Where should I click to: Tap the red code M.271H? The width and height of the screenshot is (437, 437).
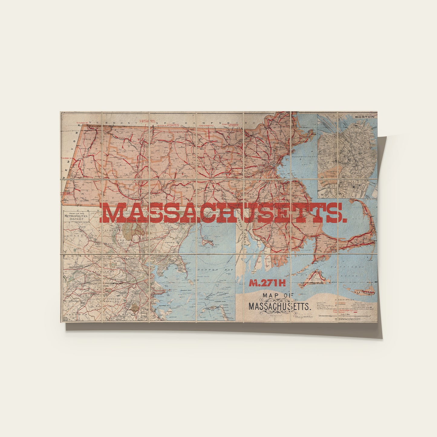click(267, 283)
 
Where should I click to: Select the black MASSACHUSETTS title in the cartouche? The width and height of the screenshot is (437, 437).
click(279, 306)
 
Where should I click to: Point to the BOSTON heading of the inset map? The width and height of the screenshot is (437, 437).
click(364, 117)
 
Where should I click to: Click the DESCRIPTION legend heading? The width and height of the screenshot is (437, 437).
click(344, 300)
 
